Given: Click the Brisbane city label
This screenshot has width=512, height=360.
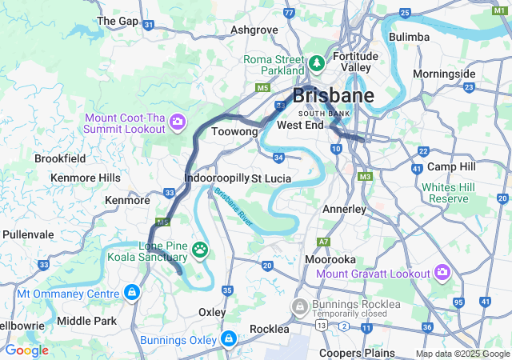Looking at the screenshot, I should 333,96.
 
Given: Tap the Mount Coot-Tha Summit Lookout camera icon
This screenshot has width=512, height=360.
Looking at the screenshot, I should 178,122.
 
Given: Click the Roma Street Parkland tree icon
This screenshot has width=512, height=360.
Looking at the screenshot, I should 317,62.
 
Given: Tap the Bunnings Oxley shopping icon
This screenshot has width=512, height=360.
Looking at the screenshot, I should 230,338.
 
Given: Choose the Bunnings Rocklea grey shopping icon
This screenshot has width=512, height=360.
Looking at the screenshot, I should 300,306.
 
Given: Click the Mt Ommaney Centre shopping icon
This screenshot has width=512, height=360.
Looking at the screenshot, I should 131,294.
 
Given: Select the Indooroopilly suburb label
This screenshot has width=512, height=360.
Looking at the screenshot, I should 216,178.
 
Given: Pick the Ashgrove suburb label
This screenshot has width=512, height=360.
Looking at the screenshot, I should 254,30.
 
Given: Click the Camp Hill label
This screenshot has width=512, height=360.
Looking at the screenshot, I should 451,166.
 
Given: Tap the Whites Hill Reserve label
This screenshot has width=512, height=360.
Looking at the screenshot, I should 449,192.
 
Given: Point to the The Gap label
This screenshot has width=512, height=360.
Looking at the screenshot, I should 118,20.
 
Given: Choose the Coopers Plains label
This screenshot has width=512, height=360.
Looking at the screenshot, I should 356,353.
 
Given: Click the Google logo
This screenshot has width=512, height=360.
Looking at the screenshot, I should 26,350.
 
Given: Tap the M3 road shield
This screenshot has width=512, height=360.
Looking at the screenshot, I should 366,176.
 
